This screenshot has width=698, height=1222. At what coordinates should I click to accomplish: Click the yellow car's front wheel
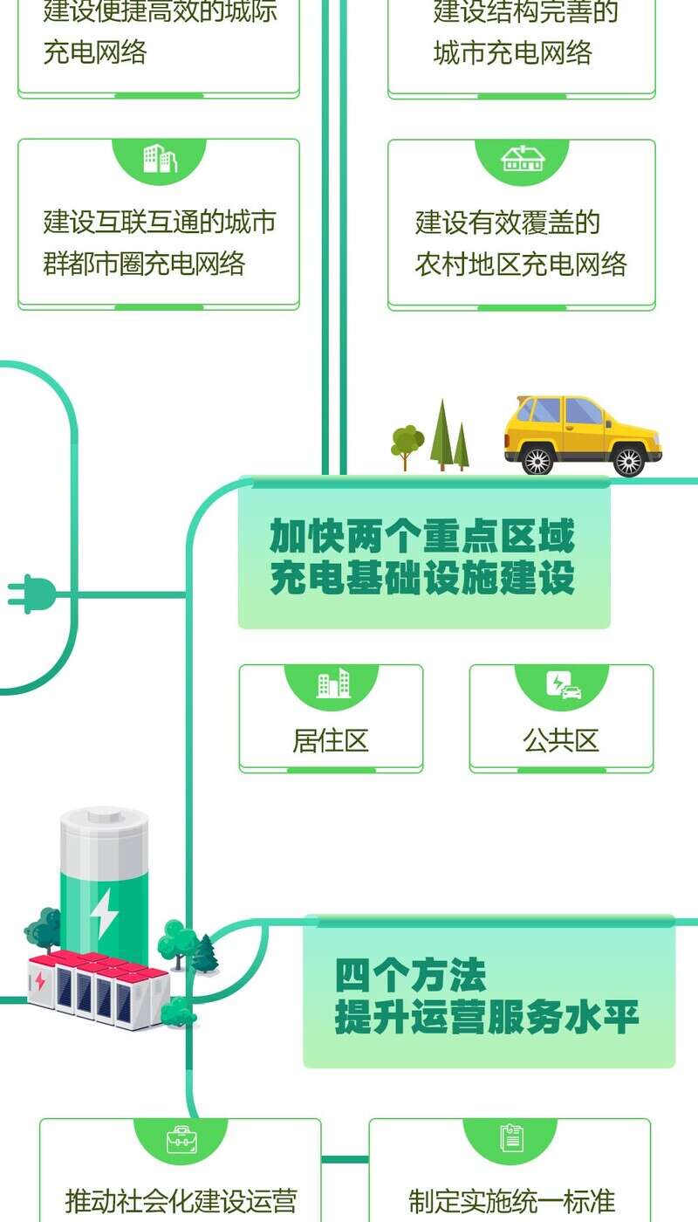(628, 460)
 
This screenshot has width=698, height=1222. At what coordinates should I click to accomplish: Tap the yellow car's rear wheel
(537, 459)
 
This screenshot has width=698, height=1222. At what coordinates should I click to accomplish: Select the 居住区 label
(331, 741)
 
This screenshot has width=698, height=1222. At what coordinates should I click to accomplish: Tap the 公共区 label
(561, 741)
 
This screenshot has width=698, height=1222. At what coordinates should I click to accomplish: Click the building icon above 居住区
(332, 683)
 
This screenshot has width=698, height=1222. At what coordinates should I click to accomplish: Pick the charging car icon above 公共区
(564, 684)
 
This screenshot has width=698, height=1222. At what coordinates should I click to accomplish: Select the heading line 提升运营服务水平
(487, 1018)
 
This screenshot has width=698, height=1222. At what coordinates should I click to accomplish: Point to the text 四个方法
(411, 976)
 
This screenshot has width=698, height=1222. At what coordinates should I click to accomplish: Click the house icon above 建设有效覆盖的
(523, 158)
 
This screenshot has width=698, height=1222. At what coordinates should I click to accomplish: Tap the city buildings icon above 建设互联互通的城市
(160, 159)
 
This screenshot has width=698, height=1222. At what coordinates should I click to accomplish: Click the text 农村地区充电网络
(521, 264)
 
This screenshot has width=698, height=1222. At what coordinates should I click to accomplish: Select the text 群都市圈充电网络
(145, 264)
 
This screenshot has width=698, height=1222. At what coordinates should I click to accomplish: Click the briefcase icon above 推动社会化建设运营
(181, 1139)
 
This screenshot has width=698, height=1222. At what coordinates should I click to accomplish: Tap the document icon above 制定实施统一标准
(511, 1138)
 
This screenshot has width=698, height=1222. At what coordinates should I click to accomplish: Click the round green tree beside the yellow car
(407, 441)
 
